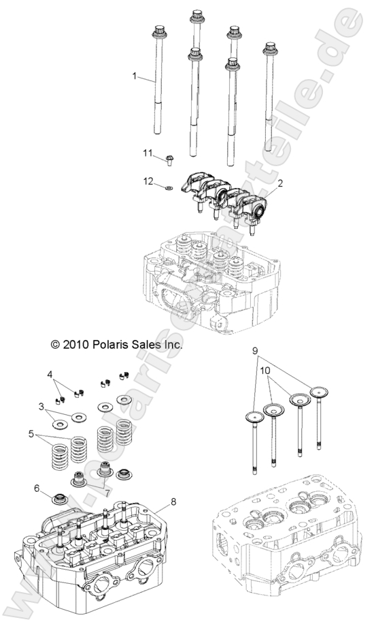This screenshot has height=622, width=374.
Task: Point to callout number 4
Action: click(x=50, y=375)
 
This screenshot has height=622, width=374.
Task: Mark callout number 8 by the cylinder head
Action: click(x=173, y=501)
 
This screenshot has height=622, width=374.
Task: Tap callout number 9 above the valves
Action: click(x=256, y=351)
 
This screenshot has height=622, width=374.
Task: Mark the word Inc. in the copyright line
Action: click(x=171, y=345)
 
